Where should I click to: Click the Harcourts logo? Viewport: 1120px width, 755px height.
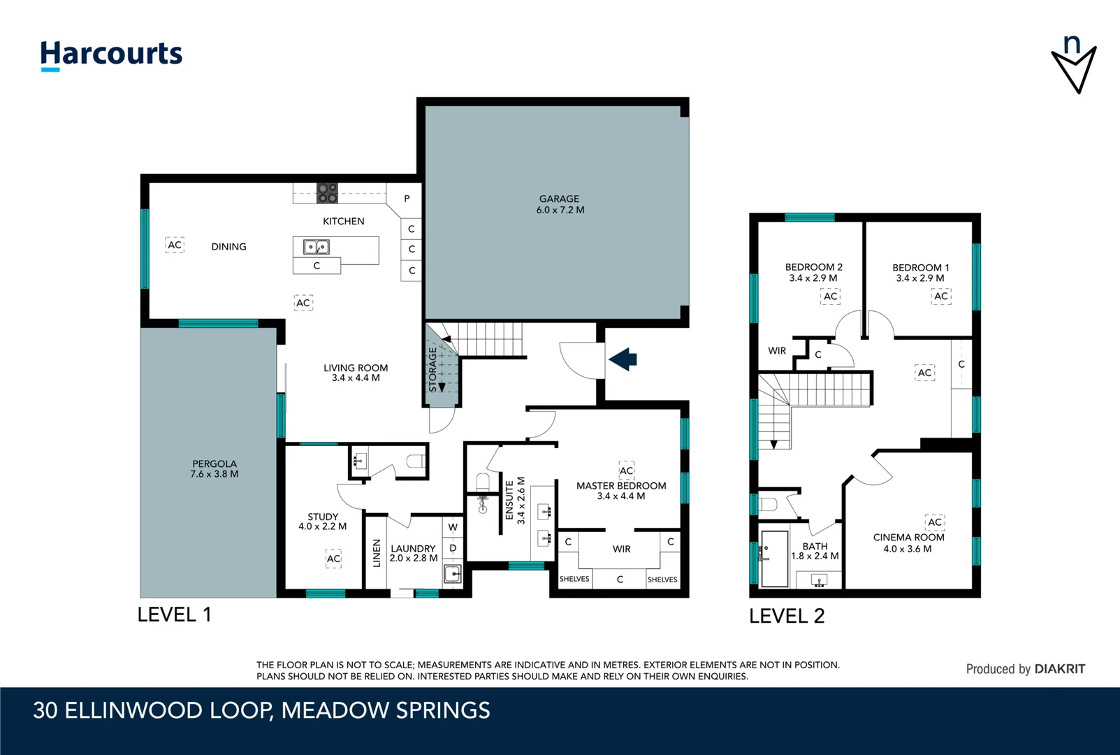tap(111, 55)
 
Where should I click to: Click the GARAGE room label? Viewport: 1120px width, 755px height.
tap(560, 204)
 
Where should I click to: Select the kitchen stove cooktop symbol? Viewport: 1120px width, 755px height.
tap(327, 193)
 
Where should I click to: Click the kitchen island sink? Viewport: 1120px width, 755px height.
tap(316, 247)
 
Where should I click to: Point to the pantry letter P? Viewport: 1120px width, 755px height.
tap(407, 199)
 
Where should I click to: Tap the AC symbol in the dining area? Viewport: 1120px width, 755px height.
tap(175, 245)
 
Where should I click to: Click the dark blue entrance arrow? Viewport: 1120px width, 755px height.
tap(623, 359)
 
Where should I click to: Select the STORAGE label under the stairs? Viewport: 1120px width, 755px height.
tap(432, 370)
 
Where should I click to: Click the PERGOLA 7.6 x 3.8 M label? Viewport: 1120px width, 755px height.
tap(214, 468)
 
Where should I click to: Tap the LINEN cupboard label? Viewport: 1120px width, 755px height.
tap(377, 552)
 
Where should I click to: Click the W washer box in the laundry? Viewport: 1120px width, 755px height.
tap(453, 527)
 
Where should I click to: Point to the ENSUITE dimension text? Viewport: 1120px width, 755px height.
tap(515, 501)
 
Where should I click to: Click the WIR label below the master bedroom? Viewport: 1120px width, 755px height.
tap(621, 549)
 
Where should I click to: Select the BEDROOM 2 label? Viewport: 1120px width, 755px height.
tap(813, 272)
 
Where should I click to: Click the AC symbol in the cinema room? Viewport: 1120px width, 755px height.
tap(934, 522)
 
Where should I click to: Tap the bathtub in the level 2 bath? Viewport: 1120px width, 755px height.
tap(774, 558)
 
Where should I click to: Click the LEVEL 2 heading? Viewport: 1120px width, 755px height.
tap(787, 616)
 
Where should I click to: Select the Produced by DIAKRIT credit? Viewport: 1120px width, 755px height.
tap(1025, 669)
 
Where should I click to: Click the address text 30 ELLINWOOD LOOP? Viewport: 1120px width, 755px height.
tap(261, 710)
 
